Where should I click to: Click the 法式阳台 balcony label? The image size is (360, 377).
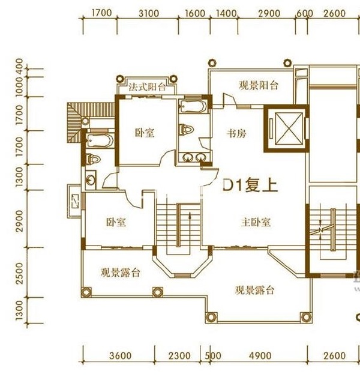(x=147, y=86)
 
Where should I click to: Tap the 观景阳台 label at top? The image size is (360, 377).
(x=259, y=85)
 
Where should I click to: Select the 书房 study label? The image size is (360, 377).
(x=236, y=133)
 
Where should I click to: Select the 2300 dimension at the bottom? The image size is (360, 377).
(x=180, y=356)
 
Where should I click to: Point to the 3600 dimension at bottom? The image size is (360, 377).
(x=120, y=356)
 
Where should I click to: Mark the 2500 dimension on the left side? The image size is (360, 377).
(x=20, y=274)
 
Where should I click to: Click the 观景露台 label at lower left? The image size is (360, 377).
(x=120, y=272)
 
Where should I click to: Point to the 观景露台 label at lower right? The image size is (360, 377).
(x=254, y=291)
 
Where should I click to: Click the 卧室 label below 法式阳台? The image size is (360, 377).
(x=145, y=133)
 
